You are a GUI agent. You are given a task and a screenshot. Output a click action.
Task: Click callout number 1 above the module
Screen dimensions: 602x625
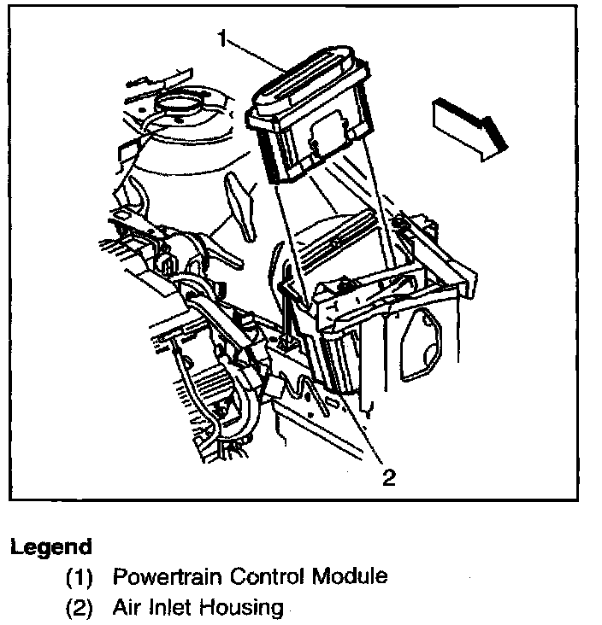(222, 38)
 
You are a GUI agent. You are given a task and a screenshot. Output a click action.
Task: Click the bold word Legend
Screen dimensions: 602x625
(50, 547)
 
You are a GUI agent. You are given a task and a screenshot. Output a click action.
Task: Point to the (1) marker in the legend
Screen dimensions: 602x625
(80, 577)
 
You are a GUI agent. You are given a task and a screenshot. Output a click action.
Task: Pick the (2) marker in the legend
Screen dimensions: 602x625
(80, 608)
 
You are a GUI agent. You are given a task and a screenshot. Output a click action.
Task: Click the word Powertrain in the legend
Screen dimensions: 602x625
(165, 577)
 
